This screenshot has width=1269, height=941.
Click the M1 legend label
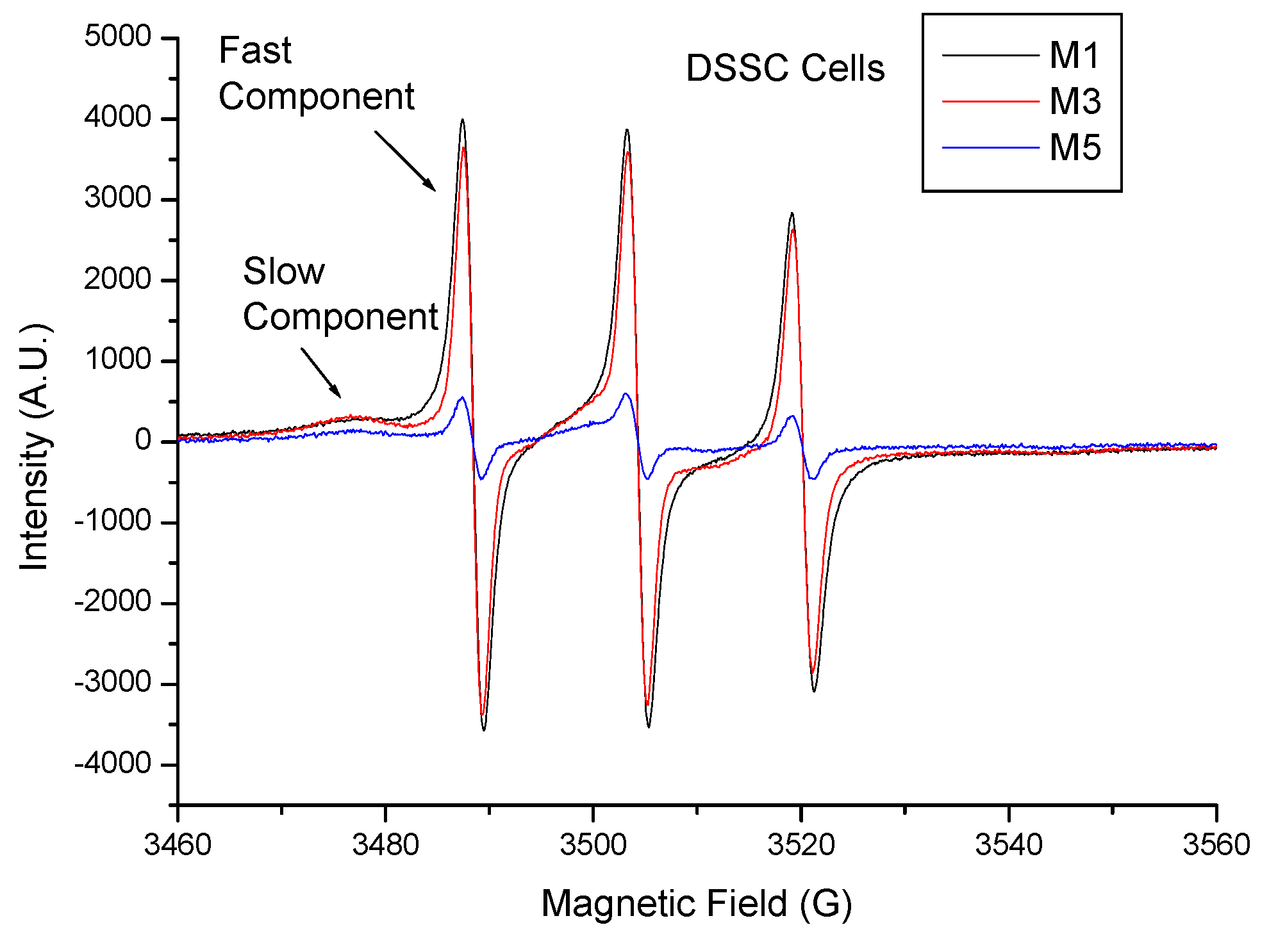tap(1074, 56)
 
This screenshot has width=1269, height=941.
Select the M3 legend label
tap(1075, 102)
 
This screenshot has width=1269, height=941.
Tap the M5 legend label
tap(1075, 148)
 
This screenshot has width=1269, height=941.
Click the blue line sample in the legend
tap(990, 148)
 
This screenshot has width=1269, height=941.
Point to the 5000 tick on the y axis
tap(118, 37)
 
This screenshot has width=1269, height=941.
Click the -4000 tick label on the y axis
tap(113, 764)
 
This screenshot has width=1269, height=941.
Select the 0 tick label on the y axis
tap(143, 441)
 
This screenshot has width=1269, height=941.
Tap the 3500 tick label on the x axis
tap(593, 845)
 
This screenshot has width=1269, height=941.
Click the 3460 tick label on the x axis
tap(178, 845)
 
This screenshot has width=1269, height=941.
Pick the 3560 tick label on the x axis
tap(1216, 845)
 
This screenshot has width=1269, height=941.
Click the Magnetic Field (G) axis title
tap(696, 904)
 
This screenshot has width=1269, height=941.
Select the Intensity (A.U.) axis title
tap(35, 447)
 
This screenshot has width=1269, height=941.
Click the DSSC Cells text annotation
tap(785, 68)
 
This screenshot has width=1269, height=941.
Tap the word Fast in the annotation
tap(254, 51)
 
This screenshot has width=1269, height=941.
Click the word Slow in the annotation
tap(284, 272)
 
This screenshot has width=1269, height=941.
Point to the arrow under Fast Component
tap(405, 161)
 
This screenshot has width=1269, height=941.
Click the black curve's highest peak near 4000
tap(462, 120)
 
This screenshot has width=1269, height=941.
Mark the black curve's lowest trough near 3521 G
tap(814, 691)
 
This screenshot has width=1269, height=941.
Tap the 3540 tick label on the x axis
tap(1008, 845)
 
